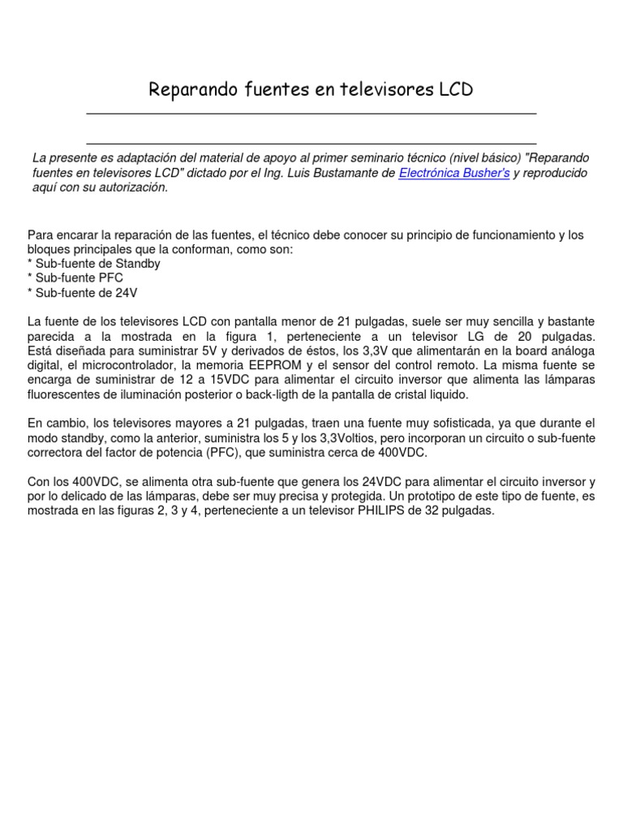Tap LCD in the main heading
point(455,89)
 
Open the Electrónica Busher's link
point(454,173)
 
